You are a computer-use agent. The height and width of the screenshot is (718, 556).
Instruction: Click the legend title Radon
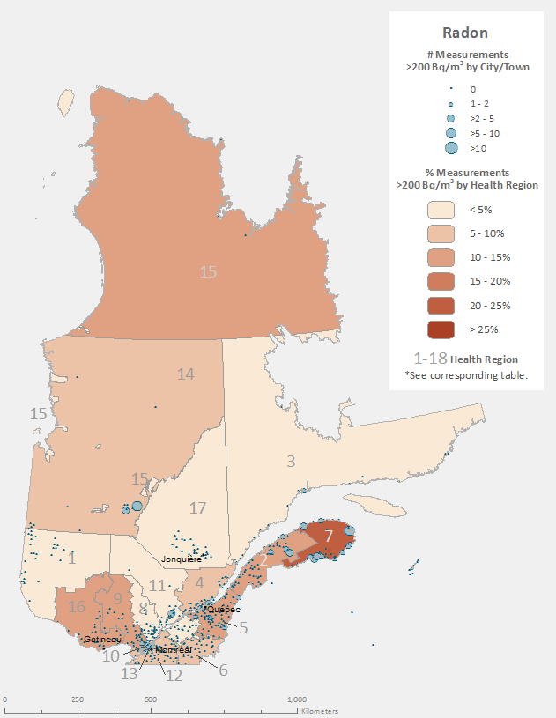(466, 33)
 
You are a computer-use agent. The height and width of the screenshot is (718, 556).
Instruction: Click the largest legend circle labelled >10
(451, 148)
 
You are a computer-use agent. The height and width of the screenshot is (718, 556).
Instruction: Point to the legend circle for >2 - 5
(451, 118)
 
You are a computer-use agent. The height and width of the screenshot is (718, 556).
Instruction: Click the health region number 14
(185, 374)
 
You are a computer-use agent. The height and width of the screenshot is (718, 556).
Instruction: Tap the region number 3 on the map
(290, 461)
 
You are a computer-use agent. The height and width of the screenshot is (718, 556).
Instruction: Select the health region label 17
(197, 508)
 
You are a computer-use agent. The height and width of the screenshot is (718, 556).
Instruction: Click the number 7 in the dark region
(329, 536)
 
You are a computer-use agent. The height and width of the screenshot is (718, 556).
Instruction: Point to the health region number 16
(78, 606)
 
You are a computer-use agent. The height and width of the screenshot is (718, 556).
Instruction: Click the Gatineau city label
(104, 640)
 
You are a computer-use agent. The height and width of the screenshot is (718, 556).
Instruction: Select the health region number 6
(223, 670)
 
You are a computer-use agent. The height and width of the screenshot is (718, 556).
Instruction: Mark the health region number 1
(72, 558)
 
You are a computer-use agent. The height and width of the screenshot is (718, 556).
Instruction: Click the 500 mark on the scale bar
(151, 700)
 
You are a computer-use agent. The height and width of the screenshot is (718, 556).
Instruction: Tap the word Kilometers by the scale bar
(319, 710)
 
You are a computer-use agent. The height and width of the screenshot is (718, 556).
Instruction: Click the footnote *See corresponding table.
(465, 375)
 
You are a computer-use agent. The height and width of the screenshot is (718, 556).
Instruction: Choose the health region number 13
(130, 674)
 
